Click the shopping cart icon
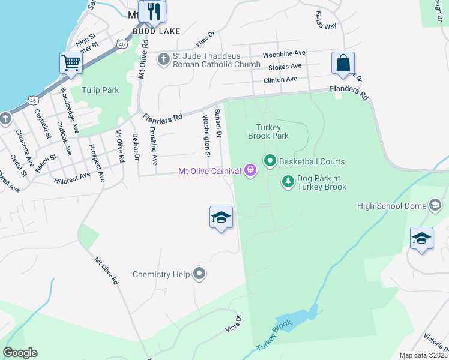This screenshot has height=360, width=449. pyautogui.click(x=71, y=62)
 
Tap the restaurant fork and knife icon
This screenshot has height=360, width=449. pyautogui.click(x=154, y=11)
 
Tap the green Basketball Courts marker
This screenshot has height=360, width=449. pyautogui.click(x=270, y=161)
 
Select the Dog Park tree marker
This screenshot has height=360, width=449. pyautogui.click(x=288, y=181)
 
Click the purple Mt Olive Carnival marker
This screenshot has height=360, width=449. pyautogui.click(x=250, y=171)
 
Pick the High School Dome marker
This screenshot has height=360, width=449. pyautogui.click(x=435, y=206)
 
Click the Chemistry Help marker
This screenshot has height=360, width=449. pyautogui.click(x=199, y=274)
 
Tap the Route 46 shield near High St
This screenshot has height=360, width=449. pyautogui.click(x=122, y=43)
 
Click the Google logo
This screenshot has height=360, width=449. pyautogui.click(x=20, y=353)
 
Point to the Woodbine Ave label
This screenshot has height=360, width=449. pyautogui.click(x=284, y=54)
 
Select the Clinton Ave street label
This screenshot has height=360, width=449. pyautogui.click(x=280, y=79)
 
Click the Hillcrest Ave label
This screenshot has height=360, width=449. pyautogui.click(x=71, y=177)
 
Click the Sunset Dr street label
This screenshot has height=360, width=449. pyautogui.click(x=218, y=123)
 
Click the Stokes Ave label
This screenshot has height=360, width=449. pyautogui.click(x=285, y=67)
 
